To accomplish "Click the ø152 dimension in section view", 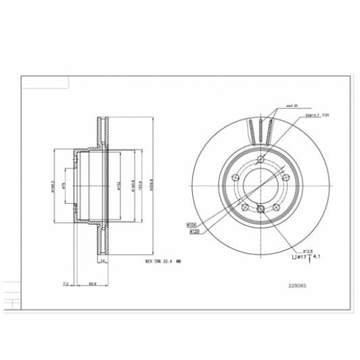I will (x=118, y=185).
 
